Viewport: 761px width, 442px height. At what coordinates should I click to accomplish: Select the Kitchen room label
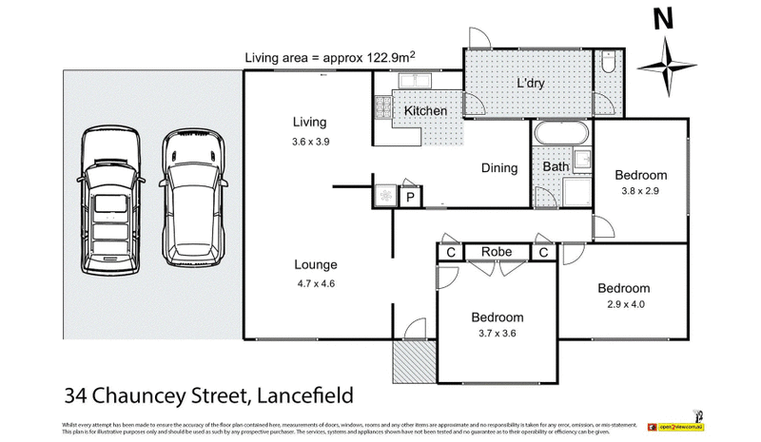425,111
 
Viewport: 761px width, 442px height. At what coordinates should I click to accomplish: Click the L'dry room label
531,83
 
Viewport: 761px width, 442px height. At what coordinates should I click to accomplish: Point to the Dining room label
498,168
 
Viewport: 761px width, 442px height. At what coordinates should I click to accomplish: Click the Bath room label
556,168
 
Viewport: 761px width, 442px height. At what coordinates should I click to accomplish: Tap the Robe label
498,252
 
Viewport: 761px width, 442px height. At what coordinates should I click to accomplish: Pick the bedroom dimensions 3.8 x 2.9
640,191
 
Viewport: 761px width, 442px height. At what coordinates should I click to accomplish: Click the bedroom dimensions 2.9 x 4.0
623,305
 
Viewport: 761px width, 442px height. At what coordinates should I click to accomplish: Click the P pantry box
410,197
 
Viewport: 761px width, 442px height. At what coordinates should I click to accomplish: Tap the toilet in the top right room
607,66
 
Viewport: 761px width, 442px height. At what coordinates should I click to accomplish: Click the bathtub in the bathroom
561,133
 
